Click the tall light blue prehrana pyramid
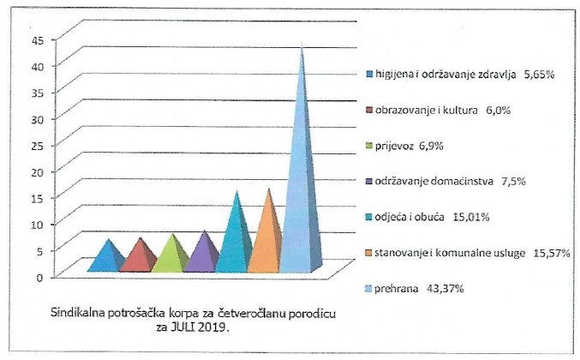click(301, 189)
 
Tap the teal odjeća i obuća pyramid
click(234, 240)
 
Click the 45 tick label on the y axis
click(37, 39)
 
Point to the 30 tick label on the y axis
click(37, 118)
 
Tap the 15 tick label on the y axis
click(37, 197)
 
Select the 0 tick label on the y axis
click(40, 276)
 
